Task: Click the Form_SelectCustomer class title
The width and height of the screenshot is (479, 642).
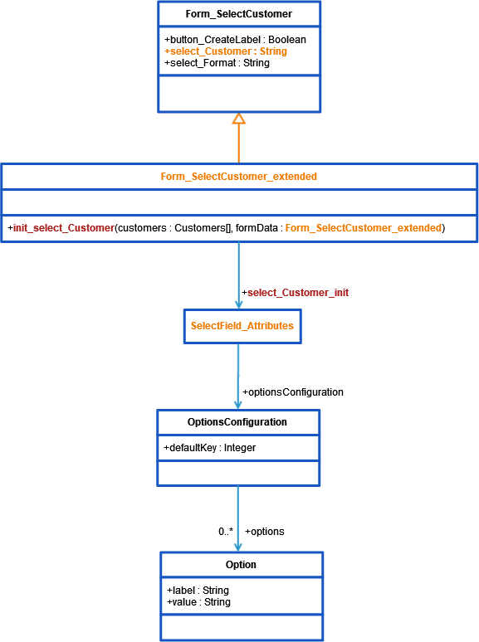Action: pos(238,14)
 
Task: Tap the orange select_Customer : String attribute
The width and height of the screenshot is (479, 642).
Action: pos(226,51)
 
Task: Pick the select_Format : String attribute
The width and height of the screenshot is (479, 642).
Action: pos(217,63)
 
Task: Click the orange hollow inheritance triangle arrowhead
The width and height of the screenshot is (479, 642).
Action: pos(239,119)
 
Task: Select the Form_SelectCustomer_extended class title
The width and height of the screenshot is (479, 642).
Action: pos(238,177)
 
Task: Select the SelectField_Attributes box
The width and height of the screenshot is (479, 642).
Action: pos(242,326)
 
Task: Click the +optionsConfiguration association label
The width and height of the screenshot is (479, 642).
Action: pos(292,392)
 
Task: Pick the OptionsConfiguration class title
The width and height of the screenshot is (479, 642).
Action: pos(237,422)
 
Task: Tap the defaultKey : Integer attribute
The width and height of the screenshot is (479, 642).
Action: pos(211,448)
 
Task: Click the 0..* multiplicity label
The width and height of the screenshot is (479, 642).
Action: pos(226,531)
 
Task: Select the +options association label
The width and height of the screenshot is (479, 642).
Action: pos(264,531)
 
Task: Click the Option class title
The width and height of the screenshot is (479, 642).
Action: pos(241,564)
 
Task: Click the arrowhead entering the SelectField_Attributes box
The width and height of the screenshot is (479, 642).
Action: pos(239,304)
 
